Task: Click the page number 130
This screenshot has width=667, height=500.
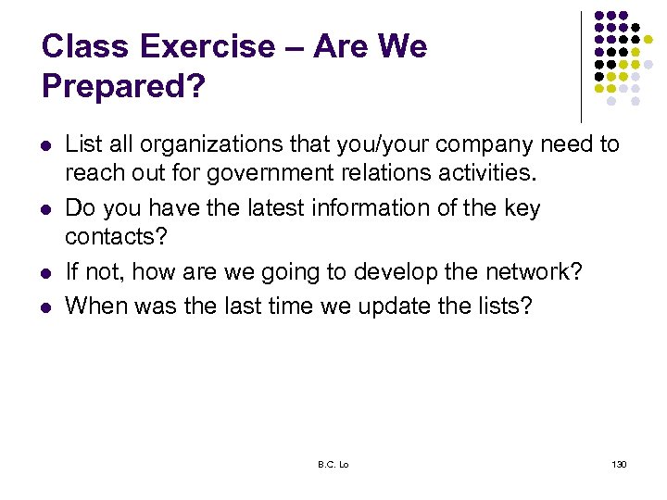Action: pyautogui.click(x=619, y=463)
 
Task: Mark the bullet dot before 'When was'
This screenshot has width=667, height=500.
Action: pyautogui.click(x=46, y=306)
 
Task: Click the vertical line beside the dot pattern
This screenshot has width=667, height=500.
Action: pyautogui.click(x=580, y=65)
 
